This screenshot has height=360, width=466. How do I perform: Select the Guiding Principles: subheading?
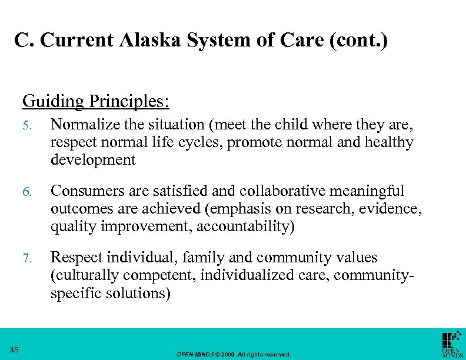coord(96,101)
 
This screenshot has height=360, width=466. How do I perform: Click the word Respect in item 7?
coord(73,258)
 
